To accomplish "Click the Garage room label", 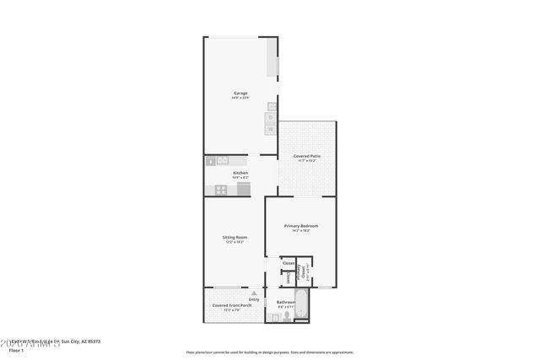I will [x=240, y=93].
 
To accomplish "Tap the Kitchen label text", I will [x=240, y=173].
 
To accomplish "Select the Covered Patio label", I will [x=306, y=156].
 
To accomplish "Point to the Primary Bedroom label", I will [x=301, y=226].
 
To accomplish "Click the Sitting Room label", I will [x=235, y=238].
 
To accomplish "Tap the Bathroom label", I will [x=285, y=301].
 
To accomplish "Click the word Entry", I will [x=254, y=299].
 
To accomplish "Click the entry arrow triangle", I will [x=252, y=293].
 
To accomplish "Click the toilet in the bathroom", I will [x=287, y=315].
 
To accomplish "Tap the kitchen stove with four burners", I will [x=220, y=190].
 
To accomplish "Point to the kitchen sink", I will [x=222, y=160].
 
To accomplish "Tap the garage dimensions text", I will [x=240, y=98].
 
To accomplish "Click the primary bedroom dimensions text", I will [x=301, y=231].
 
